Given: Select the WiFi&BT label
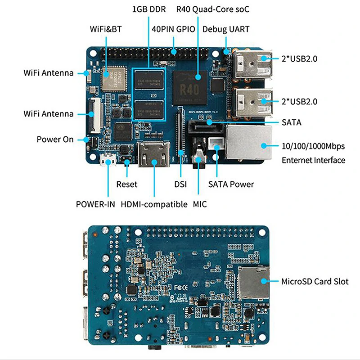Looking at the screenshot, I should point(106,30).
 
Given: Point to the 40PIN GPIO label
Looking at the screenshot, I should point(174,30).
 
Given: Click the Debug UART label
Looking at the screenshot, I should point(226,30).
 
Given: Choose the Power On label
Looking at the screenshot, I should point(55,139).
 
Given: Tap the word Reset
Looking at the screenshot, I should point(127,184).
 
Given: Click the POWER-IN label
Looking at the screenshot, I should point(96,204).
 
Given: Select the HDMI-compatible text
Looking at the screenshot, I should point(154,204).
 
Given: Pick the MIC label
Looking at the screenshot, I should point(199,204).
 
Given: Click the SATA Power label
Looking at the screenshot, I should point(231,184).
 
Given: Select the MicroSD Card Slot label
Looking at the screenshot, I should point(315,282).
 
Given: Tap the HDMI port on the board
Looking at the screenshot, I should point(154,155).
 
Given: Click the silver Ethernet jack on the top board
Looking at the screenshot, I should point(249,143).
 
